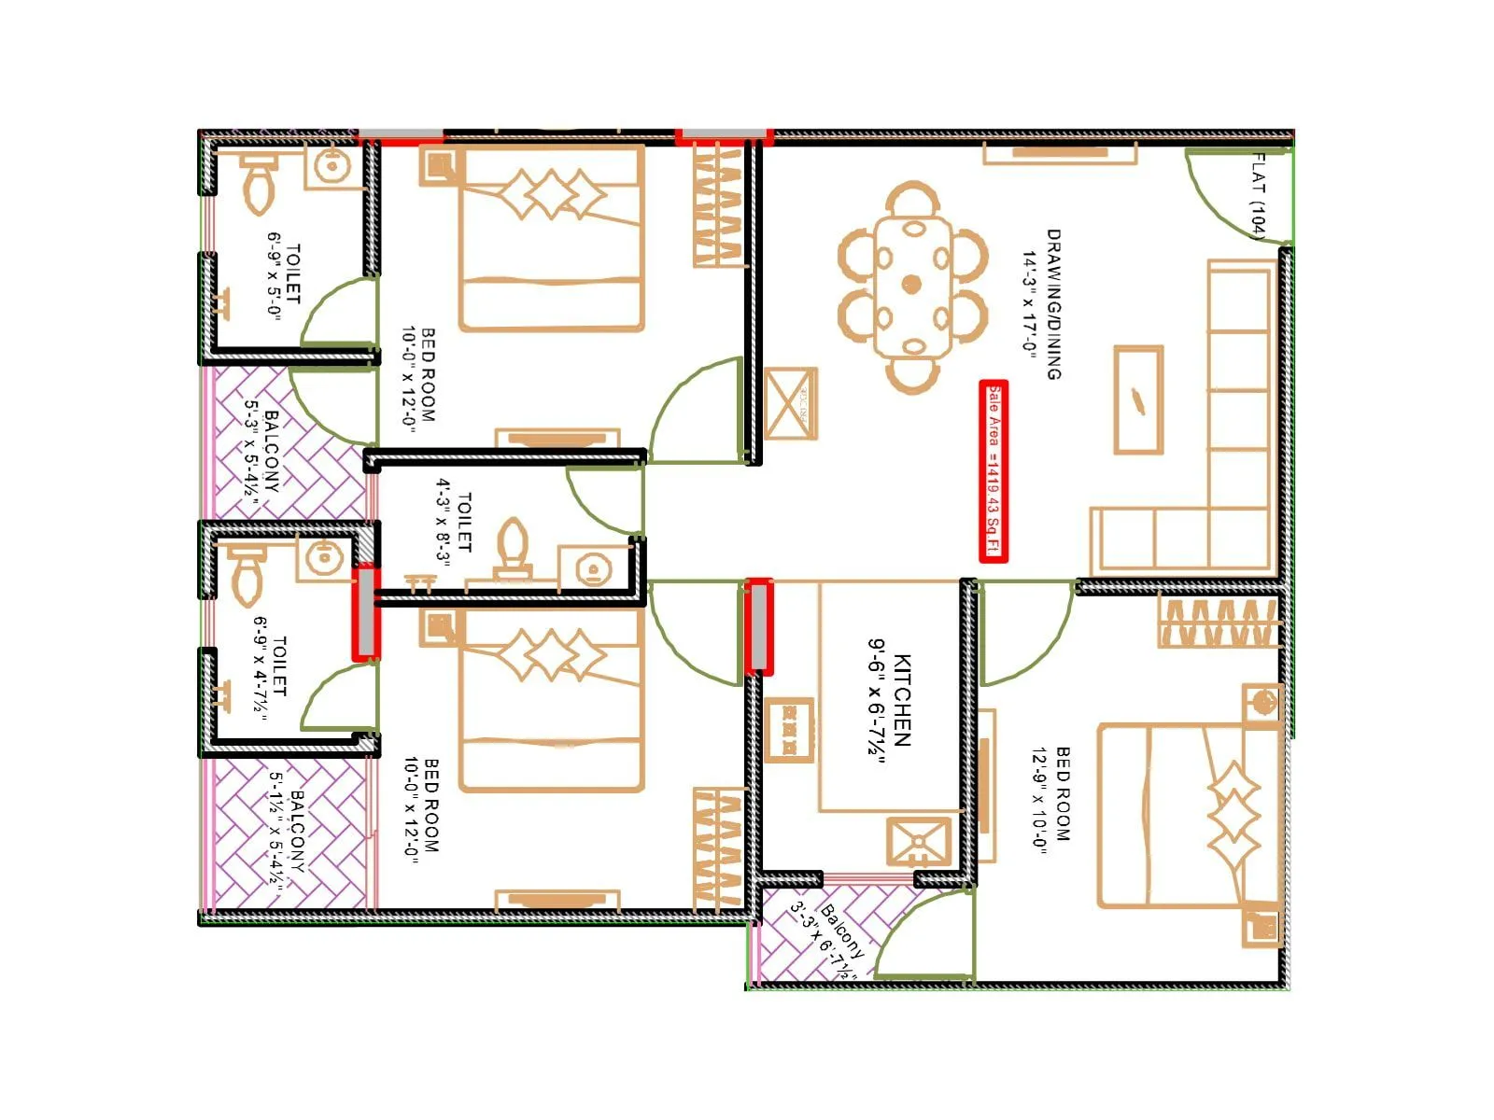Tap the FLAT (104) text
pyautogui.click(x=1260, y=196)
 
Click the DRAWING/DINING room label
pyautogui.click(x=1042, y=304)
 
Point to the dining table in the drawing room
pyautogui.click(x=912, y=284)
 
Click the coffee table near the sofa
pyautogui.click(x=1139, y=399)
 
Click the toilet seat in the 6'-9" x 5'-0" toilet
pyautogui.click(x=258, y=182)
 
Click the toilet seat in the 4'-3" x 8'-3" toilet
pyautogui.click(x=513, y=546)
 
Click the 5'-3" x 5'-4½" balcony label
pyautogui.click(x=262, y=452)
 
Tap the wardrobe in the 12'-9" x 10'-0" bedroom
pyautogui.click(x=1218, y=623)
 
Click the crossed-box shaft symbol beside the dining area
pyautogui.click(x=790, y=403)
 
